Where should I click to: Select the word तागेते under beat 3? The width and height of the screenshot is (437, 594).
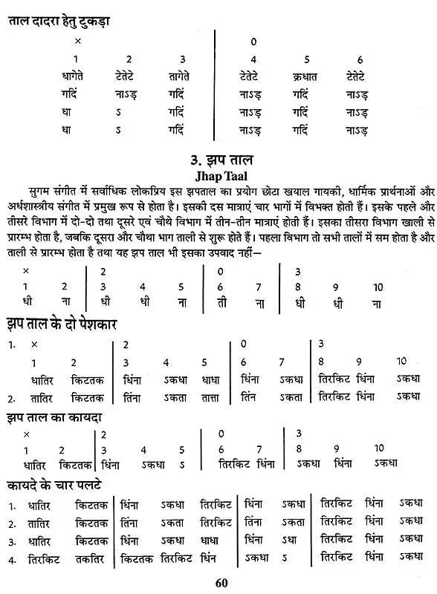[x=181, y=76]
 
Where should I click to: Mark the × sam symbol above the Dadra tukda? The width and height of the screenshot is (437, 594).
[x=77, y=42]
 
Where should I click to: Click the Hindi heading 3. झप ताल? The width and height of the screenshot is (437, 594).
[x=218, y=160]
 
